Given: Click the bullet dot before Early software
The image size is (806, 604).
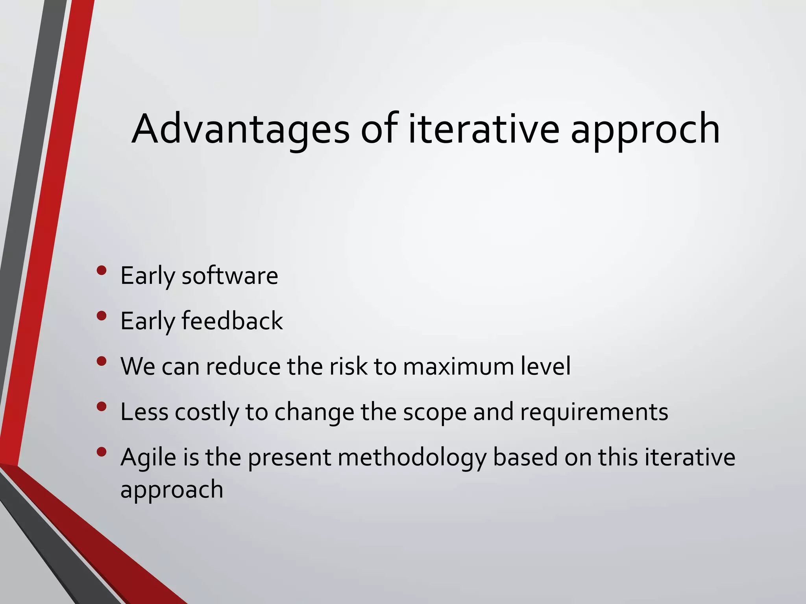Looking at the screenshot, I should point(102,270).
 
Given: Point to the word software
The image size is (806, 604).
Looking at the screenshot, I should point(230,276).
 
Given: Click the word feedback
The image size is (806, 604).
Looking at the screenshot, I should point(232,321).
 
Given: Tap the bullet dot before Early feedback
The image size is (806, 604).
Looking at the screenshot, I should point(102,316).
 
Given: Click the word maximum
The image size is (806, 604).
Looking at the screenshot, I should point(458,366).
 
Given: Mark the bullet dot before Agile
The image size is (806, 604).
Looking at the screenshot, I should point(102,452).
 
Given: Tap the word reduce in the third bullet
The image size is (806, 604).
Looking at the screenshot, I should point(244,366).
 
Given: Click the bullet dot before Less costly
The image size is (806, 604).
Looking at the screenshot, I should point(102,406).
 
